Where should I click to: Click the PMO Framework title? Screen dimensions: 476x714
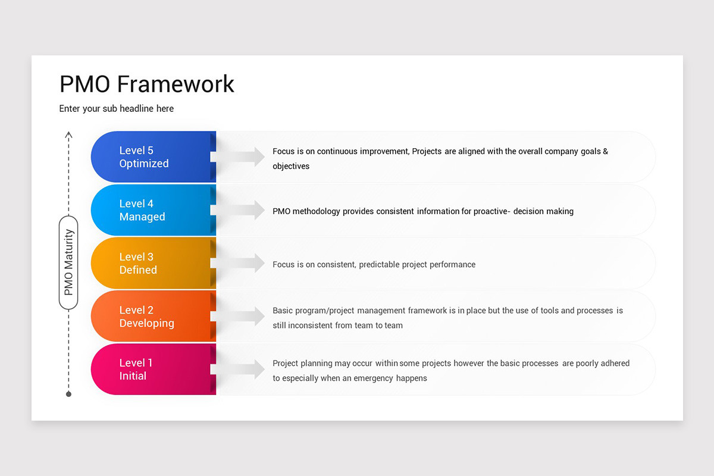point(147,84)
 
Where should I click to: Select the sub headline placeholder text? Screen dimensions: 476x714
point(117,108)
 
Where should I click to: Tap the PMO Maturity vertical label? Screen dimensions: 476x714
point(68,262)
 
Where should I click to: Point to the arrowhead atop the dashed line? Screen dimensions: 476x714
point(68,135)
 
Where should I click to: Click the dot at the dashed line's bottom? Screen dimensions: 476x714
point(68,394)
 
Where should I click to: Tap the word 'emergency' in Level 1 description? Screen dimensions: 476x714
point(375,378)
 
